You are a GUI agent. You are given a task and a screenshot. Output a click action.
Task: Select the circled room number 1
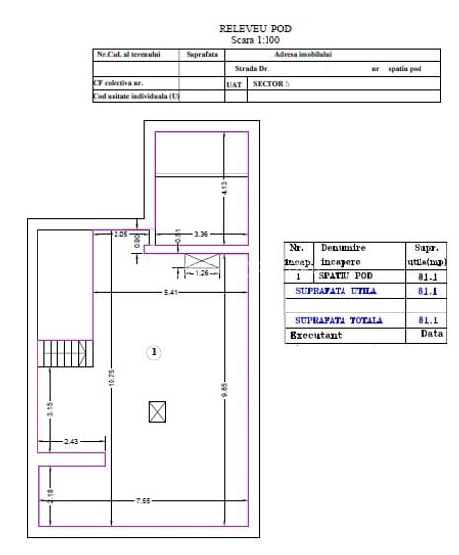[154, 350]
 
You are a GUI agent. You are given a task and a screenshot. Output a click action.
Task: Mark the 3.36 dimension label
[201, 234]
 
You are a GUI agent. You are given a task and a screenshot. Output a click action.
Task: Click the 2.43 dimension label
[71, 442]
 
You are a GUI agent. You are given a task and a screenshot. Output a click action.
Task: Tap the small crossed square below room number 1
[156, 412]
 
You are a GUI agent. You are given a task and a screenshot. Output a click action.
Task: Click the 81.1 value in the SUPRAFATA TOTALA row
[427, 320]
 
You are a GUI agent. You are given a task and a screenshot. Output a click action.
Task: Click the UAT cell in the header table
[234, 84]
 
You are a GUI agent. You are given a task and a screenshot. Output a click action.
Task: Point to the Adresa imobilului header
[302, 56]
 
